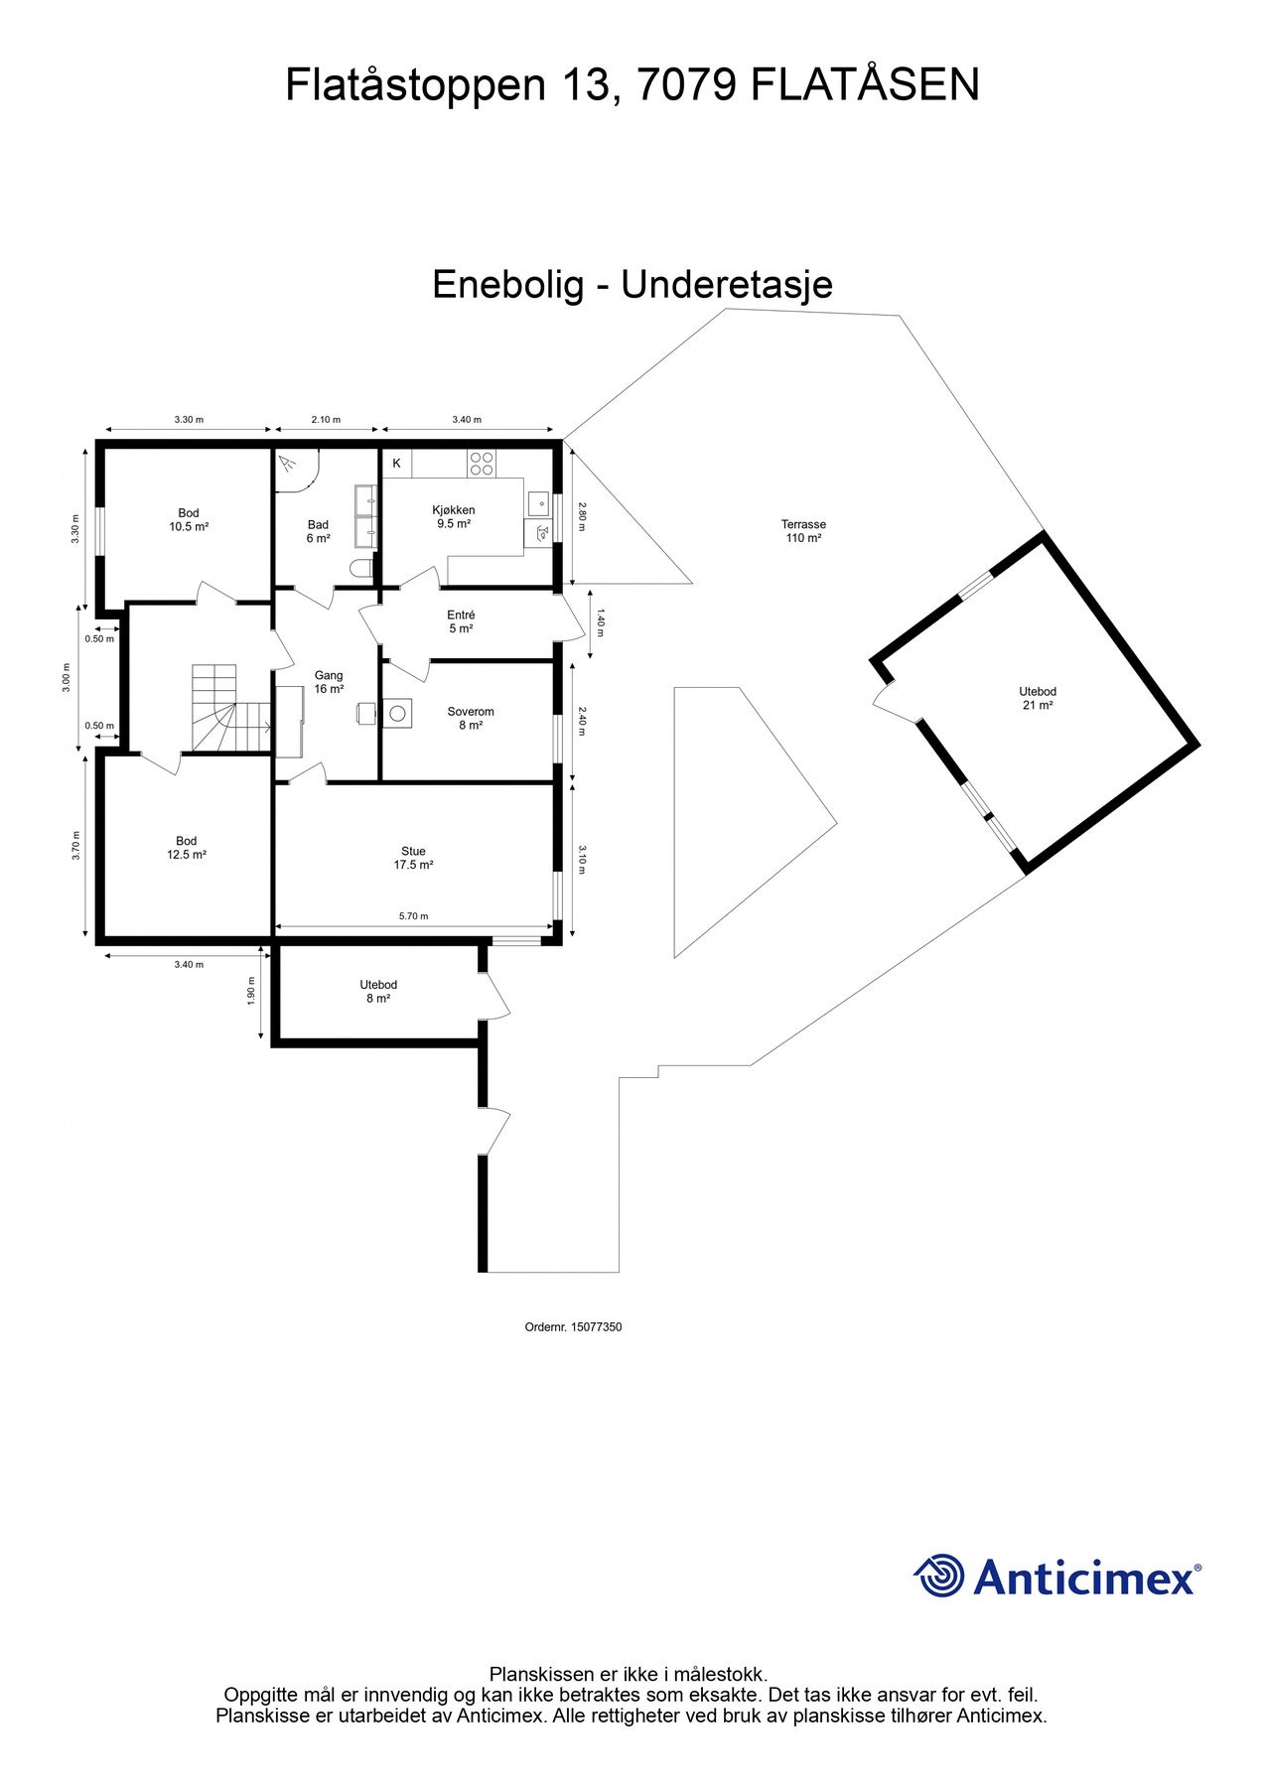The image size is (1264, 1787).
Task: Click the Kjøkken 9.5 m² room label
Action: (x=453, y=516)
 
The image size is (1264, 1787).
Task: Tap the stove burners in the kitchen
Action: (x=482, y=463)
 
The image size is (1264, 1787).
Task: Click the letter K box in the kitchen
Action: (x=396, y=463)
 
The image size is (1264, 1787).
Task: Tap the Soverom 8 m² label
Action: (x=470, y=718)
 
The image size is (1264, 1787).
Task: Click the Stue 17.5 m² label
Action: (x=413, y=858)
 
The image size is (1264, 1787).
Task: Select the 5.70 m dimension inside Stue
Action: (x=413, y=916)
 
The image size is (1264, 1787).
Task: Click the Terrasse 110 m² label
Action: (x=802, y=531)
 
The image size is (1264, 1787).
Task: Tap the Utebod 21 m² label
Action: (x=1037, y=698)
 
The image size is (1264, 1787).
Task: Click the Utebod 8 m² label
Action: (x=377, y=991)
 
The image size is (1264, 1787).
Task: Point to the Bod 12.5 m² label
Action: (x=187, y=847)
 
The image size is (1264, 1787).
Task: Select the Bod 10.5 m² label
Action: (x=188, y=519)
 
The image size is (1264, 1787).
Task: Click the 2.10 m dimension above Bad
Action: (x=326, y=419)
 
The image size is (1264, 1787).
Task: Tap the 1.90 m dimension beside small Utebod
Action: (x=252, y=992)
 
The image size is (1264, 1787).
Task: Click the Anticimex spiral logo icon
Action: (x=939, y=1576)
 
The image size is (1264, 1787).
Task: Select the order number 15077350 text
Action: (x=572, y=1326)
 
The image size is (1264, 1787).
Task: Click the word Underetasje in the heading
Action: (x=726, y=285)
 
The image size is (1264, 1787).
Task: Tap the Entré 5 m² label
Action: (x=461, y=621)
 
